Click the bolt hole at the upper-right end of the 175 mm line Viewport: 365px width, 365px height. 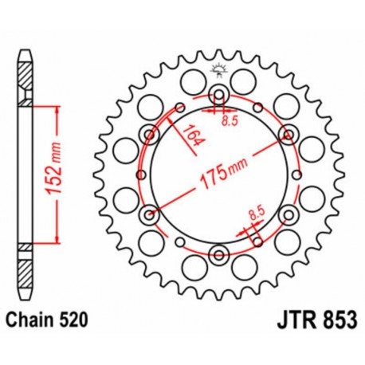(x=286, y=135)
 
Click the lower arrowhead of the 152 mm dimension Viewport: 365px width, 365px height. (x=58, y=238)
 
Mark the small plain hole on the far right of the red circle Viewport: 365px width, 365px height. (x=299, y=176)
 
